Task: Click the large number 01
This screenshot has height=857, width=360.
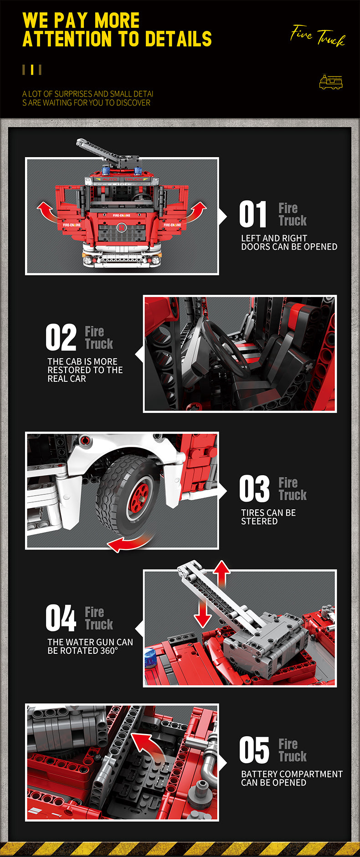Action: click(253, 215)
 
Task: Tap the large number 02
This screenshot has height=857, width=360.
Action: click(61, 338)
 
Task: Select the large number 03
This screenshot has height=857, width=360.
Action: click(254, 489)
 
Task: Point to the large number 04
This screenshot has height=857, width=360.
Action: click(61, 618)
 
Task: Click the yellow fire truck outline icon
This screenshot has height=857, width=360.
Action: click(331, 82)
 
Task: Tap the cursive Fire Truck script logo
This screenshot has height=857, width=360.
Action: click(318, 36)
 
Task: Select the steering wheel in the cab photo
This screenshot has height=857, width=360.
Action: click(226, 348)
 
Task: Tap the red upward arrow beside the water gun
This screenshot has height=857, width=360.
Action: click(222, 574)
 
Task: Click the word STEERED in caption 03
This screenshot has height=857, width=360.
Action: click(259, 521)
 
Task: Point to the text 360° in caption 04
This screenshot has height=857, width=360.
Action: click(109, 651)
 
